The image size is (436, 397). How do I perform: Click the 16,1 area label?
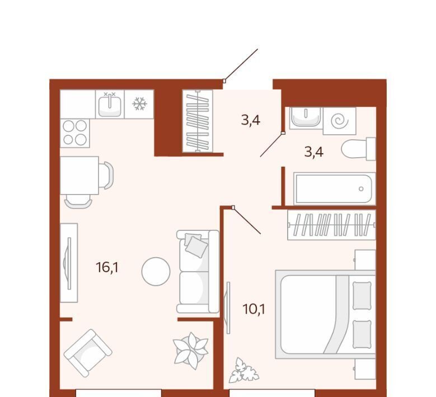(x=107, y=267)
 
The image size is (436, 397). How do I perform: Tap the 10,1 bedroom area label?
(x=254, y=309)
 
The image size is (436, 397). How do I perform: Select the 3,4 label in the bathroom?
(x=313, y=152)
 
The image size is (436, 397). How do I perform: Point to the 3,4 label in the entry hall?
(x=251, y=120)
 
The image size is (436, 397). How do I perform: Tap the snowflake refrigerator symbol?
(x=139, y=104)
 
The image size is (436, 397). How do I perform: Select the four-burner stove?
(x=75, y=133)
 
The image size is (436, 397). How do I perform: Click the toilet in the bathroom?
(x=358, y=149)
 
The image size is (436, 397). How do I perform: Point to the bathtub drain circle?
(x=361, y=189)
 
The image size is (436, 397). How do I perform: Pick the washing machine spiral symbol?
(x=340, y=121)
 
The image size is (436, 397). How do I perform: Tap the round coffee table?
(x=156, y=271)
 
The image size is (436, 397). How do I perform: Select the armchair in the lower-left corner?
(x=88, y=353)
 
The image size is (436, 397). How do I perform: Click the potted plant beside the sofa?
(x=191, y=351)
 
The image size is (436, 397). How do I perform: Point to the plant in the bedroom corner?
(x=243, y=370)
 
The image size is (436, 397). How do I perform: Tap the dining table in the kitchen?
(x=79, y=176)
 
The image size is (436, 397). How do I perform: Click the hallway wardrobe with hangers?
(x=198, y=121)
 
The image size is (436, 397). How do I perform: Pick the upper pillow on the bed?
(x=362, y=295)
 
